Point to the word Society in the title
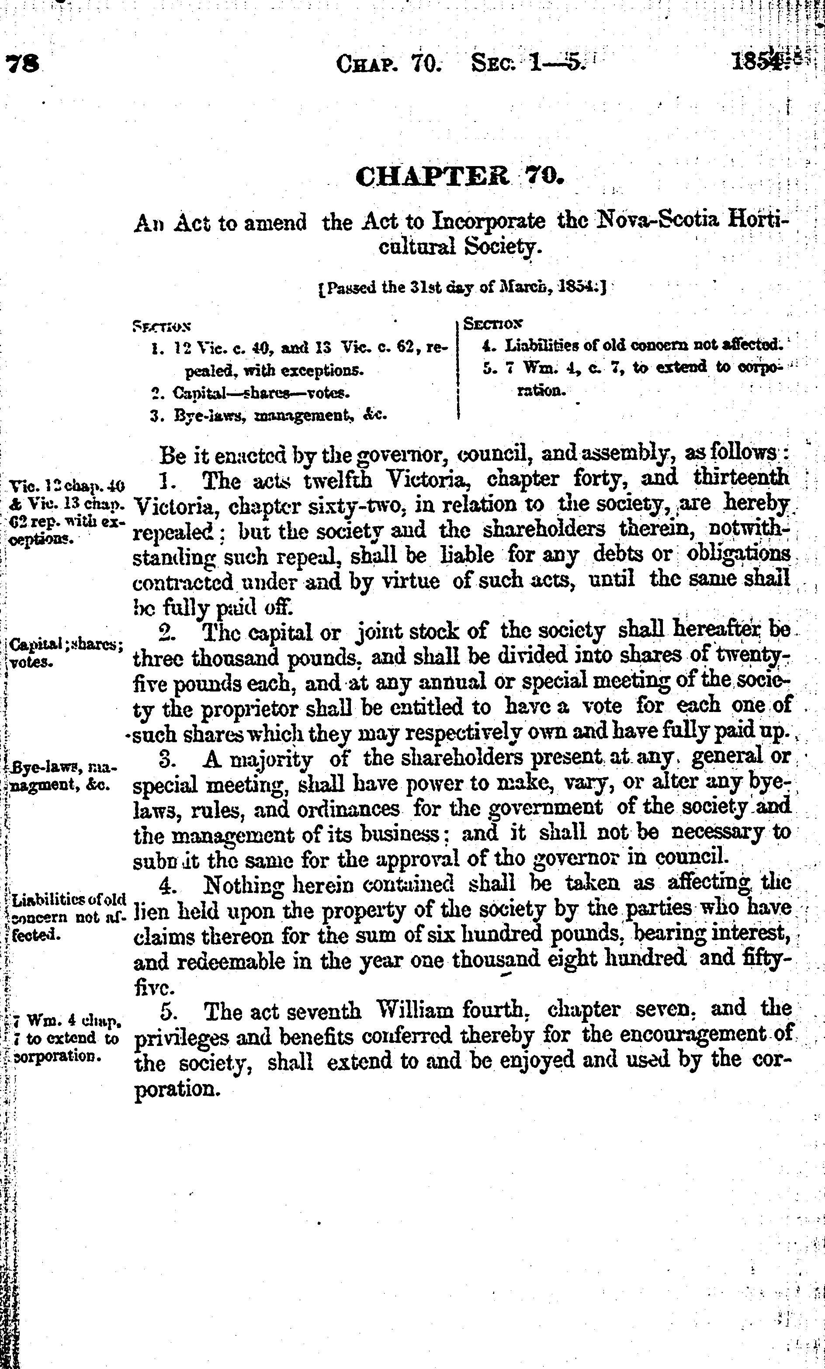[502, 246]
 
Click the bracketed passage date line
[461, 288]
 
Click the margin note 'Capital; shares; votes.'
[66, 653]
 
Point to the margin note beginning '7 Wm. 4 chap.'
[66, 1037]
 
